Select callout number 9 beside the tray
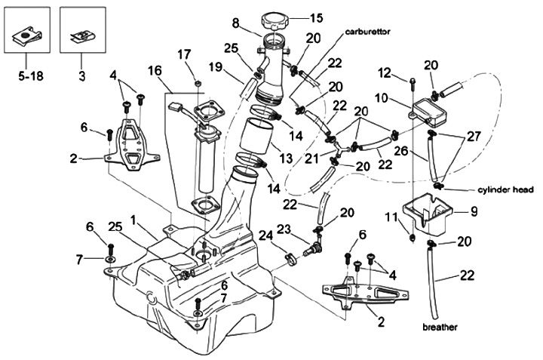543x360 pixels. (474, 212)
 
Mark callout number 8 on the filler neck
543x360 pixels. (235, 23)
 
